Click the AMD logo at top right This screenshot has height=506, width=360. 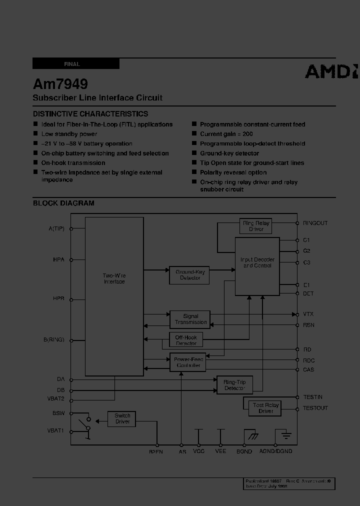coord(331,71)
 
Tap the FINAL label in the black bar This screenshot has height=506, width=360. coord(72,64)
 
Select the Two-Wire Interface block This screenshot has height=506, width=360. coord(114,278)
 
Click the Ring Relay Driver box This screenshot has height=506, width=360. coord(256,226)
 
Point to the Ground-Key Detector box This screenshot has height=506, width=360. coord(189,274)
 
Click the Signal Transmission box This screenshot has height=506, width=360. coord(190,319)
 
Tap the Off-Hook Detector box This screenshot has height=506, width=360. coord(186,340)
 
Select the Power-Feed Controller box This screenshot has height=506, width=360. coord(188,362)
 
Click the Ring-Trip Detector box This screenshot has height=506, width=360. coord(234,384)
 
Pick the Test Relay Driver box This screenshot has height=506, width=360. coord(265,408)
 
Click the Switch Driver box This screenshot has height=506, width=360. coord(122,418)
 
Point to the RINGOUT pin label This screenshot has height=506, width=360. coord(315,223)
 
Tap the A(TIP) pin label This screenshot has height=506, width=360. coord(56,228)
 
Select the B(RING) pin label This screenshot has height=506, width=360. coord(54,340)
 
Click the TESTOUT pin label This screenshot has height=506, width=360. coord(315,408)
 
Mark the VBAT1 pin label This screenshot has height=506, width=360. coord(55,430)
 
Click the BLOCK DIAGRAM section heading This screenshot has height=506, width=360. coord(63,203)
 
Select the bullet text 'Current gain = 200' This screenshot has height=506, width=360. coord(226,134)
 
